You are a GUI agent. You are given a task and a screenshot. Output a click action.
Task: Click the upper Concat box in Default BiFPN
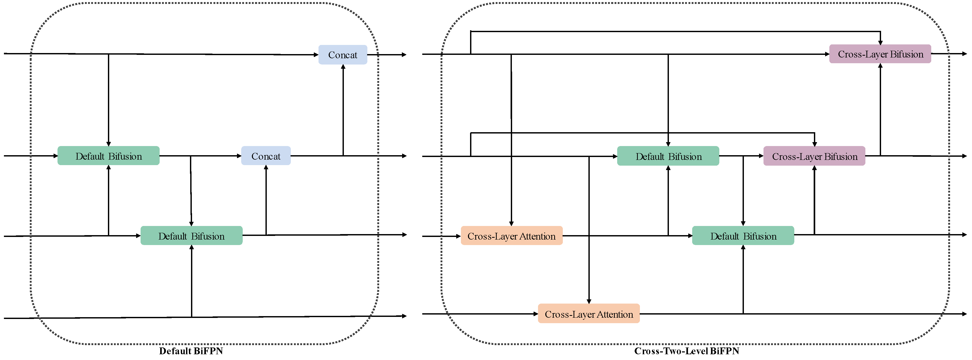[343, 55]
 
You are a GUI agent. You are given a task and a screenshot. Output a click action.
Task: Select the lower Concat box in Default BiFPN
[266, 156]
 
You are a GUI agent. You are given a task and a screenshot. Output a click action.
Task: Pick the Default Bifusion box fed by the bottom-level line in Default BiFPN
[191, 236]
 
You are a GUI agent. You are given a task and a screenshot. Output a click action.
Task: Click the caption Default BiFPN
[191, 351]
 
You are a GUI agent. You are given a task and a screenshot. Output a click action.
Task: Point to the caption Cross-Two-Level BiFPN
[686, 351]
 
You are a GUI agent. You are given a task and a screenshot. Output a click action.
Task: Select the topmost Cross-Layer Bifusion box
[880, 54]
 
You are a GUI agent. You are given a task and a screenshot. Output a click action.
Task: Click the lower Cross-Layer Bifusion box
[814, 156]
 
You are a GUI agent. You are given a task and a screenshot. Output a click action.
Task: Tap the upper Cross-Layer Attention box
[511, 236]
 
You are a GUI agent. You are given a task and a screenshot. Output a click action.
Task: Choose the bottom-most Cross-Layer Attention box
[589, 314]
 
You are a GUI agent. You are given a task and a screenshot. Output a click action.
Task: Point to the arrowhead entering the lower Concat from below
[266, 167]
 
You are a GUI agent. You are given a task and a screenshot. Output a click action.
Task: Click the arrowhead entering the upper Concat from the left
[316, 55]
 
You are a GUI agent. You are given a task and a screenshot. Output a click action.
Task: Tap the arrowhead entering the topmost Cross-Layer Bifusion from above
[880, 43]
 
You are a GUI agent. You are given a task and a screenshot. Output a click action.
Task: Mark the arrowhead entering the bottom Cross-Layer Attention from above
[589, 301]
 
